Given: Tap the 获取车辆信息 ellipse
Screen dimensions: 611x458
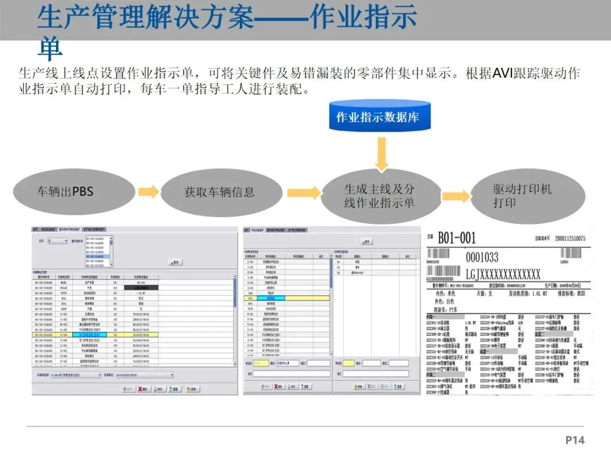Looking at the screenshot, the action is [x=220, y=192].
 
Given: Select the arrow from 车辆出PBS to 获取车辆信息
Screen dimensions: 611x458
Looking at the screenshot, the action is [x=148, y=192].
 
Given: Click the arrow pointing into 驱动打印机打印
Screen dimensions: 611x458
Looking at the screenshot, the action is [x=456, y=196].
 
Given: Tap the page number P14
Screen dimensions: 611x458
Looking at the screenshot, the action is [x=575, y=440].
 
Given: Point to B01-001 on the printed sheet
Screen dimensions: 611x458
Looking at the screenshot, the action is [x=457, y=238].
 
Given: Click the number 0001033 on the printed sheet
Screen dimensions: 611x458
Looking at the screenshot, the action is [x=482, y=257].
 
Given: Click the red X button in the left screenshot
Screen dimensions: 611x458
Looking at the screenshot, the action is [x=142, y=389].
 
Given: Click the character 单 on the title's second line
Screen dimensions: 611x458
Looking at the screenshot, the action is [x=50, y=50].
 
